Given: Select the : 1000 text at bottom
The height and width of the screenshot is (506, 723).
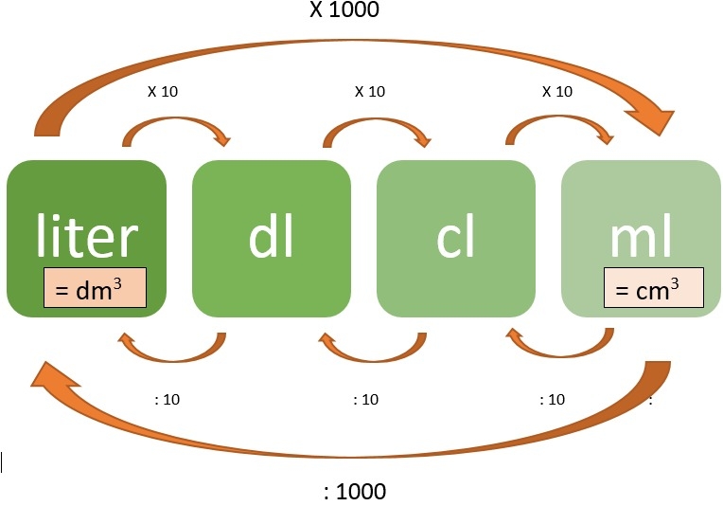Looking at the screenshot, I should tap(355, 492).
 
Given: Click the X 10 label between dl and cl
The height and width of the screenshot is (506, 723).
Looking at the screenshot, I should tap(370, 92).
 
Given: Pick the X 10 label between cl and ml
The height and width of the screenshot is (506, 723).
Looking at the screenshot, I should tap(557, 92).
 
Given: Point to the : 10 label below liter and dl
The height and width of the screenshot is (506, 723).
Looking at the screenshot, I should tap(167, 399).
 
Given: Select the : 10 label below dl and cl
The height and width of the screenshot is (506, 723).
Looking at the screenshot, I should tap(364, 399).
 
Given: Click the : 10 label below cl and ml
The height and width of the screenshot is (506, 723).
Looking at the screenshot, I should tap(552, 399).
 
